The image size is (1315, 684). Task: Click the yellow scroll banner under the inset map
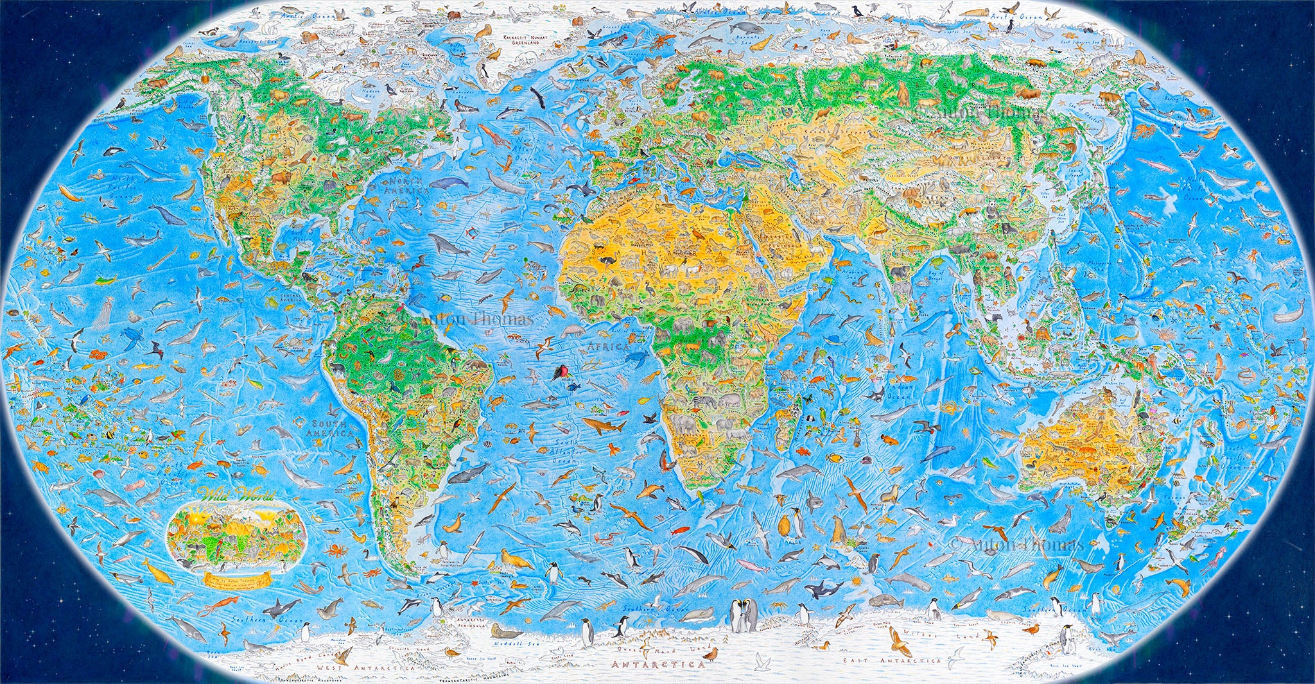pos(234,581)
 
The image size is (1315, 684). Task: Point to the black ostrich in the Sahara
pos(607,260)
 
